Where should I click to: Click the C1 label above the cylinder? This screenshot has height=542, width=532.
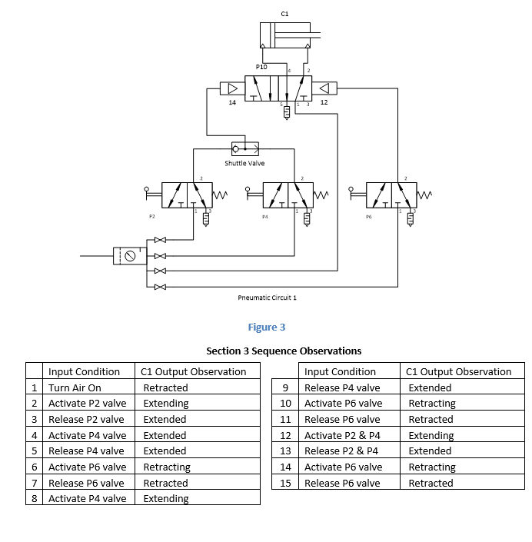coord(284,13)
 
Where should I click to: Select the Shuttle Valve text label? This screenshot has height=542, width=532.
coord(244,163)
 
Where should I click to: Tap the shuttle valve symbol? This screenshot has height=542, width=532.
coord(245,148)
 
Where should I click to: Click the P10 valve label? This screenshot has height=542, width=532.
coord(261,68)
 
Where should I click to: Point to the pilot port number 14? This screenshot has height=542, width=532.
coord(232,101)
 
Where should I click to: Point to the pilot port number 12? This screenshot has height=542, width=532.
coord(324,101)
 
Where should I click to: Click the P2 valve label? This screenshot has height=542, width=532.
coord(152,217)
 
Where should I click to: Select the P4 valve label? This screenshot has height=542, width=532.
coord(264,217)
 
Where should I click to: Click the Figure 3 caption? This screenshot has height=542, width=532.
coord(266,328)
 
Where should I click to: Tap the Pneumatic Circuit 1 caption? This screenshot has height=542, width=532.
coord(267,297)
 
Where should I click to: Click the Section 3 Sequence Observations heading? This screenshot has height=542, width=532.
coord(284,351)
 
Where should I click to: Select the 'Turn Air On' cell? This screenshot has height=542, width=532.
coord(75,387)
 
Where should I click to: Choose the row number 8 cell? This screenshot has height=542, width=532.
coord(35,498)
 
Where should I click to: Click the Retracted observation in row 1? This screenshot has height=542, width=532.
coord(165,387)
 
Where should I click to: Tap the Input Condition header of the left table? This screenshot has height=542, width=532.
coord(84,371)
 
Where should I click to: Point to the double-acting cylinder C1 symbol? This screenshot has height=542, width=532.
coord(284,35)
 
